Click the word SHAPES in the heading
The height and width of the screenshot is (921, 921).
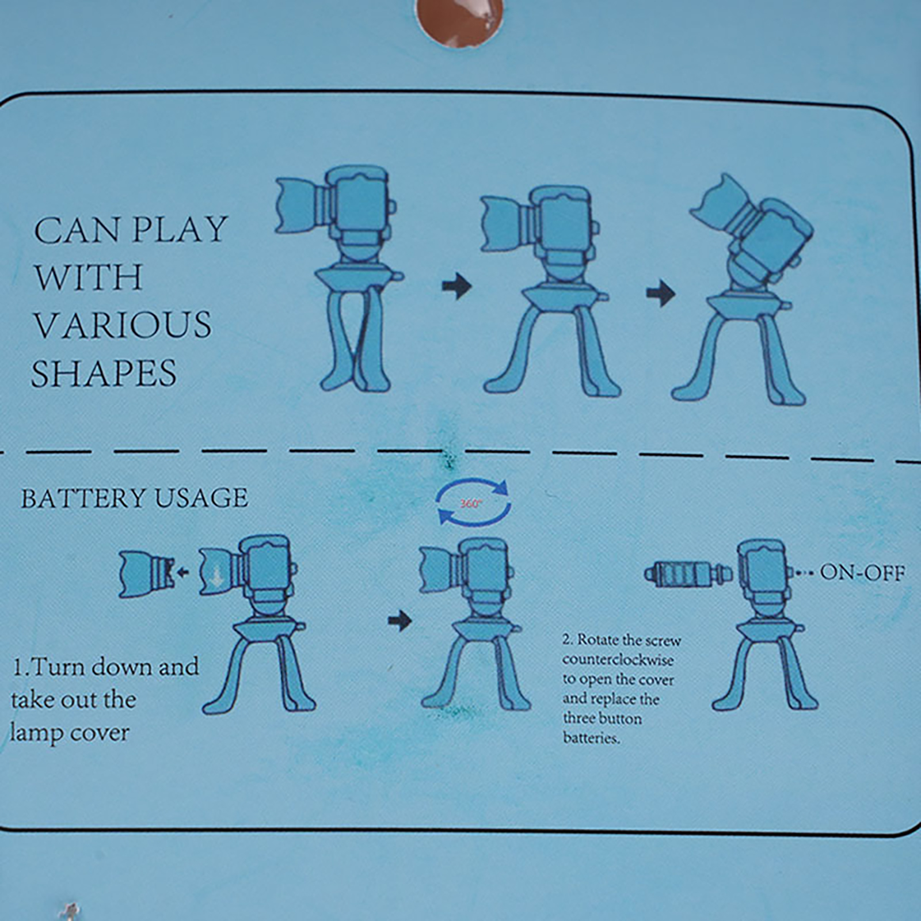click(x=104, y=373)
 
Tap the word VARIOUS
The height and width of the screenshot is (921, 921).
click(x=123, y=325)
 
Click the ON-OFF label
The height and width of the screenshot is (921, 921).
click(x=862, y=573)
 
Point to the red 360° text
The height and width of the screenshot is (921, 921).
click(x=471, y=504)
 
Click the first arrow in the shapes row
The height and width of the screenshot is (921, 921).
click(x=457, y=286)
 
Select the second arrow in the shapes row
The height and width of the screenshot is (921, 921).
click(x=661, y=293)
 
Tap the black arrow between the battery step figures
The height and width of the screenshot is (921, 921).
click(x=400, y=621)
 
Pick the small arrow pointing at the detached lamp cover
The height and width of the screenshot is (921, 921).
click(x=183, y=572)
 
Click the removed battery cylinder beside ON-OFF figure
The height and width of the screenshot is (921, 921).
click(x=688, y=573)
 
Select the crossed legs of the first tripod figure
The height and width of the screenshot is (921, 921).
click(x=354, y=340)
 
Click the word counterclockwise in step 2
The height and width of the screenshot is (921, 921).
click(x=618, y=660)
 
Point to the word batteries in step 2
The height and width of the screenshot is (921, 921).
click(x=591, y=738)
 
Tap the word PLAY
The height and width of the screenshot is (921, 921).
click(x=180, y=230)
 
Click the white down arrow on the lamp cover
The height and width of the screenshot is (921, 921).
click(x=216, y=577)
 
